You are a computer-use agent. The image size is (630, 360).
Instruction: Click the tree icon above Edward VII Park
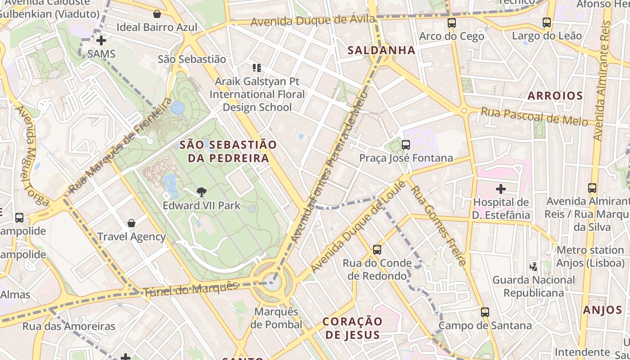point(202,192)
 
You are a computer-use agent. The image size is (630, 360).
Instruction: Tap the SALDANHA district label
point(381,50)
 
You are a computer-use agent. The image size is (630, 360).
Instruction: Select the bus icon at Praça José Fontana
point(406,144)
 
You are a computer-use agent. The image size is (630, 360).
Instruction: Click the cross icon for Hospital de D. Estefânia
point(500,189)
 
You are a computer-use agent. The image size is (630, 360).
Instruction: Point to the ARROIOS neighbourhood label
point(555,95)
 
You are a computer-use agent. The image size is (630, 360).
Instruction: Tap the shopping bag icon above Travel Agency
point(131,223)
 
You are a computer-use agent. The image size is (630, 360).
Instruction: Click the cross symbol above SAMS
point(101,40)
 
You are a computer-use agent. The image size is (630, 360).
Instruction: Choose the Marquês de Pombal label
point(276,318)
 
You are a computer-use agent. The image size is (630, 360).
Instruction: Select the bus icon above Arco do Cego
point(452,22)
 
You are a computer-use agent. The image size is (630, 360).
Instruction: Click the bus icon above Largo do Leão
point(547,22)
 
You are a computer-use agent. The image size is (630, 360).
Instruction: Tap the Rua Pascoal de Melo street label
point(534,116)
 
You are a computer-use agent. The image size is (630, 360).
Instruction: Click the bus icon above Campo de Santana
point(485,312)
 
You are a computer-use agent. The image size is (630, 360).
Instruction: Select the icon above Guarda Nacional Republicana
point(534,266)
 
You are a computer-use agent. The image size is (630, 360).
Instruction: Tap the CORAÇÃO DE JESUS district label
point(353,328)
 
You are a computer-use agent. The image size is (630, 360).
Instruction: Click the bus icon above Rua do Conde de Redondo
point(377,249)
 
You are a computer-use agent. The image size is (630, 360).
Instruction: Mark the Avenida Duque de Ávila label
point(313,21)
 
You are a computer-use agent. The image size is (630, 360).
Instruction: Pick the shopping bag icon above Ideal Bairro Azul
point(157,14)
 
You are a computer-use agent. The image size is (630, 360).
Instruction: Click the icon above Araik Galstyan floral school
point(257,68)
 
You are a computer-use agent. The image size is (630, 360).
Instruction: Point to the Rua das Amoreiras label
point(69,326)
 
